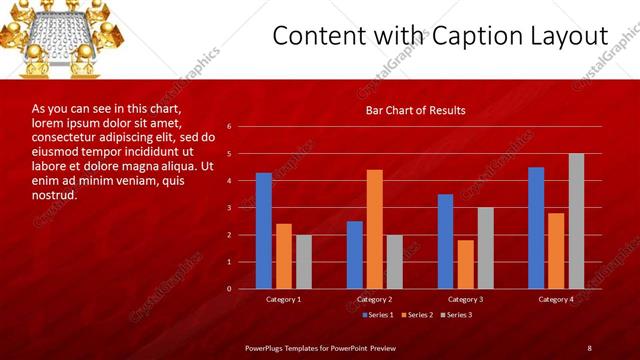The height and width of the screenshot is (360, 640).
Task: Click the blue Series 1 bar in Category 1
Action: coord(263,231)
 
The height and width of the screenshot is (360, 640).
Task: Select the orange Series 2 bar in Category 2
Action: coord(374,229)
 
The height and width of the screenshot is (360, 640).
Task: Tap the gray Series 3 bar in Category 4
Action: coord(576,221)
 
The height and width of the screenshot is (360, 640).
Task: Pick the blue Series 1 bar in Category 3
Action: coord(445,241)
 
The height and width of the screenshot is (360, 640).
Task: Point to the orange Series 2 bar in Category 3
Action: coord(465,264)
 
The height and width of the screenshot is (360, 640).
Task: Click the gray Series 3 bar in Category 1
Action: coord(303,261)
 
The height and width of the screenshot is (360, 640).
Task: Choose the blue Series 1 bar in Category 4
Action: coord(536,228)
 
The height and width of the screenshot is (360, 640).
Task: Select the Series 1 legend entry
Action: coord(376,315)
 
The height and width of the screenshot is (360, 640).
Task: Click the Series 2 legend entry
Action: coord(416,315)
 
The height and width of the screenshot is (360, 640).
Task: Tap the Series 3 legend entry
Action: coord(456,315)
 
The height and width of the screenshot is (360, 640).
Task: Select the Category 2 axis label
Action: coord(374,299)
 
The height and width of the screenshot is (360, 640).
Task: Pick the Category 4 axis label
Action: coord(556,299)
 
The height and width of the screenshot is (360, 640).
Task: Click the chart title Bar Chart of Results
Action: coord(415,110)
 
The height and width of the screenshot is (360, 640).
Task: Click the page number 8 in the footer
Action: coord(589,347)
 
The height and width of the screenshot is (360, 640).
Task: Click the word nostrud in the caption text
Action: coord(55,196)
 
